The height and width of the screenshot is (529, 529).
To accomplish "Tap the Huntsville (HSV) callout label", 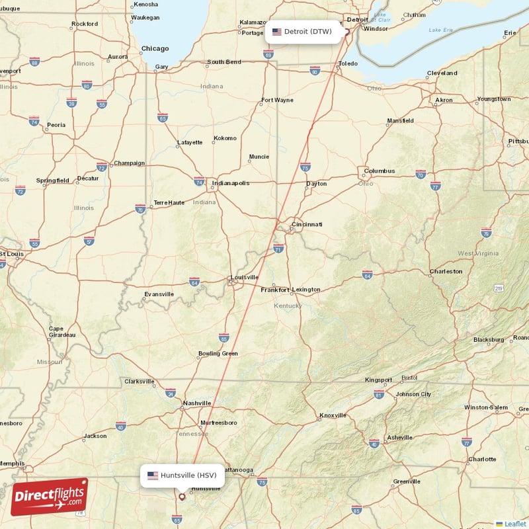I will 182,475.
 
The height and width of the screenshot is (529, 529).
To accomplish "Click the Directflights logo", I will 49,497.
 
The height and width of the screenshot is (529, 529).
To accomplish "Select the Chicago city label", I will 155,48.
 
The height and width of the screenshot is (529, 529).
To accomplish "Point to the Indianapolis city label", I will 230,183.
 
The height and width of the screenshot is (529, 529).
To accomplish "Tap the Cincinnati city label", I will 306,225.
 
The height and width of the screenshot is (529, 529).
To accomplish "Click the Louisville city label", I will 244,277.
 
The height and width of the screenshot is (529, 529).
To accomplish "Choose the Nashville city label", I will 197,403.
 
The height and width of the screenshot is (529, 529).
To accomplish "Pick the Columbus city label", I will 379,171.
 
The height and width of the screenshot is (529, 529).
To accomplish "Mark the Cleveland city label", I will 442,73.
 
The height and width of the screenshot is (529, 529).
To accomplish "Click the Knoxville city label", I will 333,415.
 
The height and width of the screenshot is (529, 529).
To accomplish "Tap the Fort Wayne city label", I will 277,101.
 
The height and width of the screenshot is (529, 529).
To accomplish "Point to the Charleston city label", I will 446,271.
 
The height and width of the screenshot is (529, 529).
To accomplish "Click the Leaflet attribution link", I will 514,523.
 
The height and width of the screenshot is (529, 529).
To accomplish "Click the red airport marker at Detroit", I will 346,31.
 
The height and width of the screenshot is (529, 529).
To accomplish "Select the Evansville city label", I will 159,294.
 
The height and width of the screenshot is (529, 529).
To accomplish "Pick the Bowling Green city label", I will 218,353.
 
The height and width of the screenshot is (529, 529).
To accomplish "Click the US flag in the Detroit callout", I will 277,31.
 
